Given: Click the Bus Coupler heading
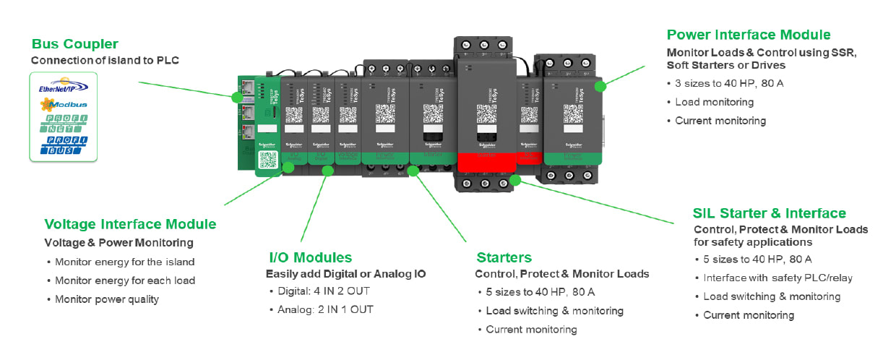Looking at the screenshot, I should pos(74,44).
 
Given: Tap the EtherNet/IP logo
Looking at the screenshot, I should pos(64,87).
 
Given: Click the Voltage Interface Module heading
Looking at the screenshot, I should pos(130,224).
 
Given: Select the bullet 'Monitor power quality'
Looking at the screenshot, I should pos(106,299).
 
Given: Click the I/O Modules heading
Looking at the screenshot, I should pos(310,257).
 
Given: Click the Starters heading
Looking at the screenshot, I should pos(504,257).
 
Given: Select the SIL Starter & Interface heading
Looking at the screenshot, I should pos(769,213).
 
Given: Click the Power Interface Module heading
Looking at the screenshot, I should pos(749,35).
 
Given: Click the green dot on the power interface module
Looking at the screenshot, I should pos(600,85).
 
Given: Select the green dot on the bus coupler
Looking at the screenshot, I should pos(236,97).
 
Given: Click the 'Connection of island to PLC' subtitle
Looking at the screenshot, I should pos(105,60).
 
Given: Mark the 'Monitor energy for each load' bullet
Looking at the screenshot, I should pos(124,280).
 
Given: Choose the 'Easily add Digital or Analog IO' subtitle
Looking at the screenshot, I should pos(345,274).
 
